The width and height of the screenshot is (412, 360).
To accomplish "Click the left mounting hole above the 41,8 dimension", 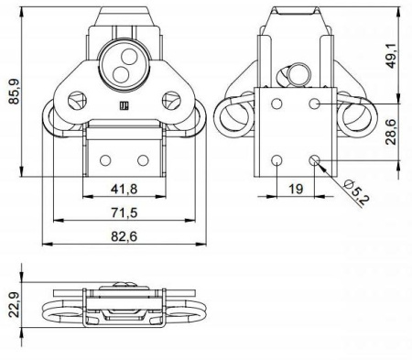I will pos(106,159).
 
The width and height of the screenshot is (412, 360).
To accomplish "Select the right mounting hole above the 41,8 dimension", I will pos(143,159).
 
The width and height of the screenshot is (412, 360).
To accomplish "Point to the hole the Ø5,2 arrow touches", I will pos(314,160).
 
